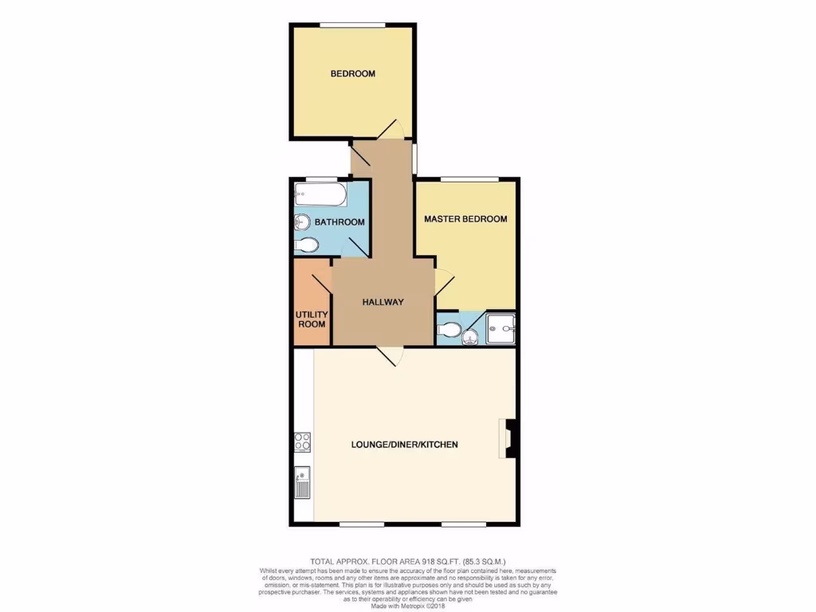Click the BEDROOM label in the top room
pos(353,74)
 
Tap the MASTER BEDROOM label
pos(465,219)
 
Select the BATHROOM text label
pos(339,222)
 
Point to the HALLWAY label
pos(383,303)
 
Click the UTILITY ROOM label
pos(312,320)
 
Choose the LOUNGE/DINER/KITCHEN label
pos(405,445)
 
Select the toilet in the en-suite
pos(449,328)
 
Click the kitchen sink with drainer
pos(302,481)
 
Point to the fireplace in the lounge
pos(508,439)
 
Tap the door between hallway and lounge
pos(390,356)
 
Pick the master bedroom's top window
pos(469,178)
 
